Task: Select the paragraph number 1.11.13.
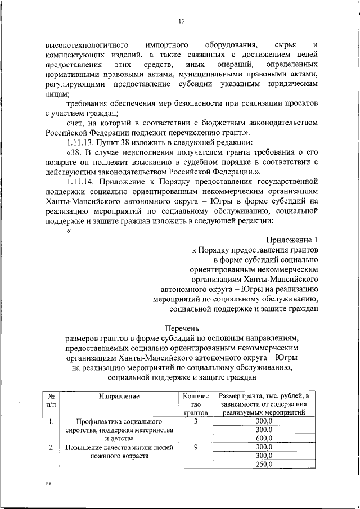tap(82, 142)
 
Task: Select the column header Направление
tap(119, 396)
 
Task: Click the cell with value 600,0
tap(263, 439)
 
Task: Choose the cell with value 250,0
tap(263, 465)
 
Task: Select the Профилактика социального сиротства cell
tap(119, 430)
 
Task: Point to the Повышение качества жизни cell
tap(119, 452)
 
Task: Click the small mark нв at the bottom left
tap(48, 483)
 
